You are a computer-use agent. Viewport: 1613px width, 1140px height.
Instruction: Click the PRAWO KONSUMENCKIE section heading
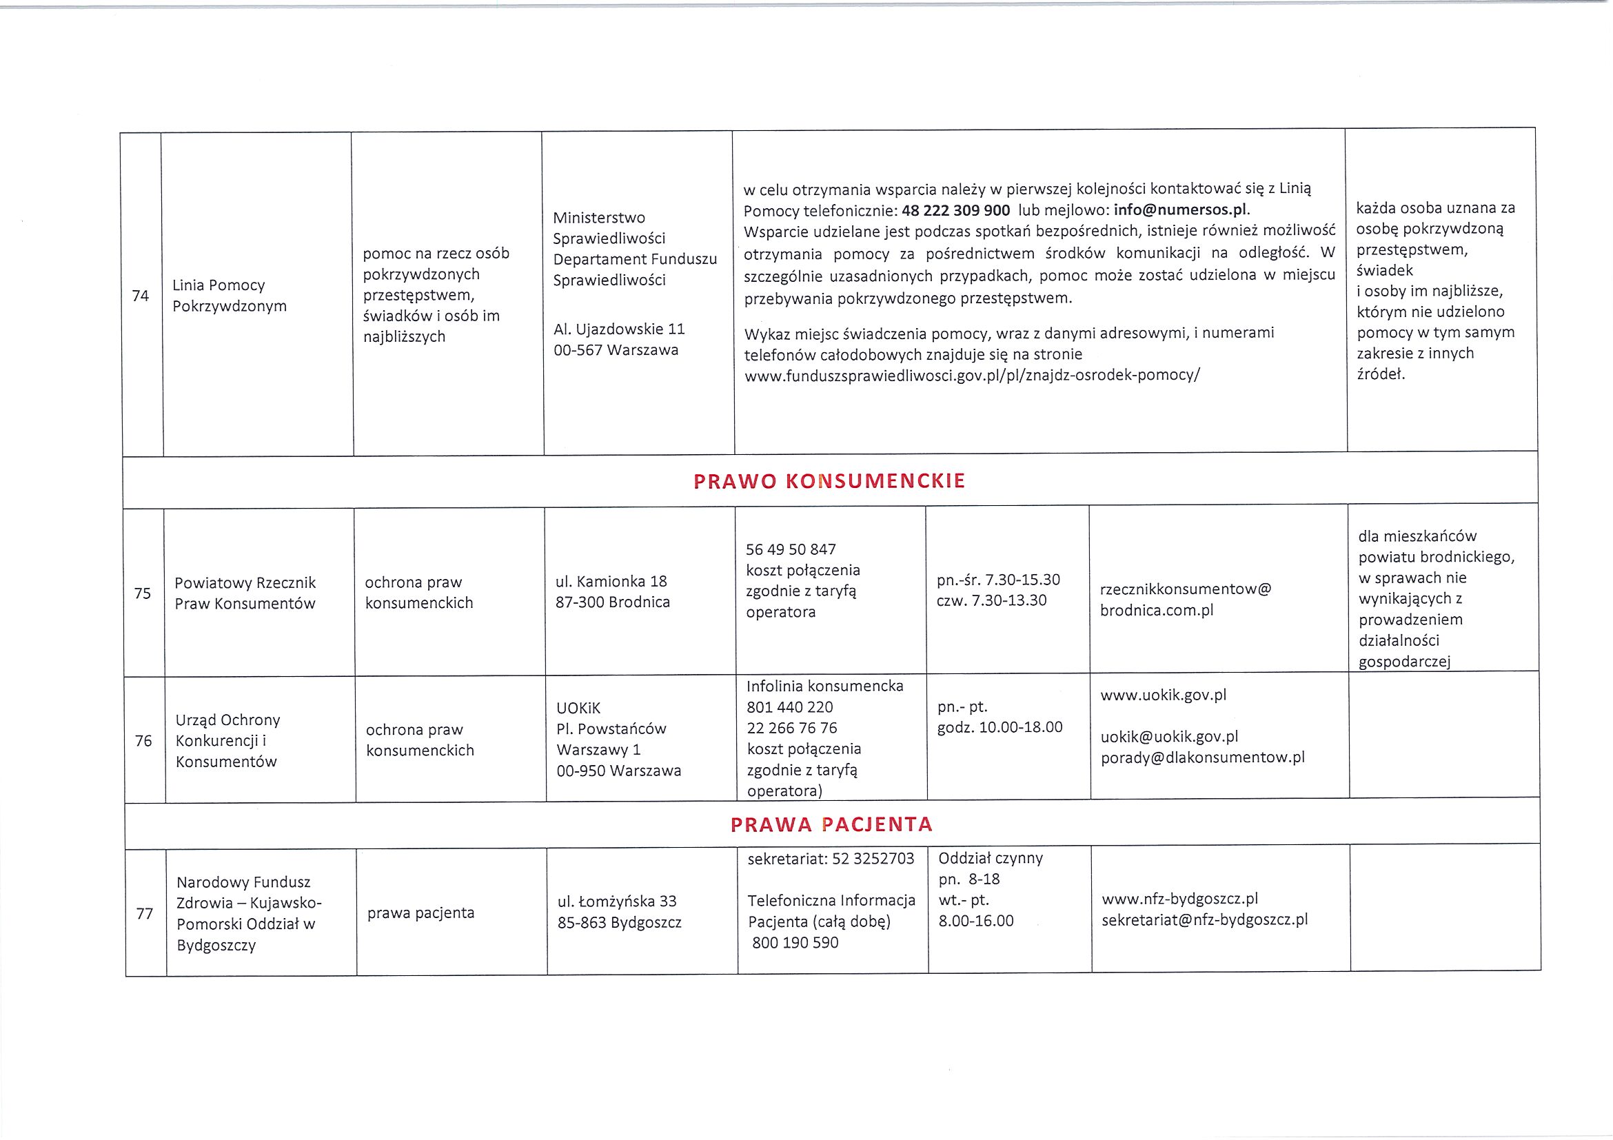point(829,481)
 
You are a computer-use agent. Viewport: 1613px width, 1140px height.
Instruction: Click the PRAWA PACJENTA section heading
point(831,824)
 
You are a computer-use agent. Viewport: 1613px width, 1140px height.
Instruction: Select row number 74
point(141,296)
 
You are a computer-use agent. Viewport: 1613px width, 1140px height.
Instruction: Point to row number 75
point(143,593)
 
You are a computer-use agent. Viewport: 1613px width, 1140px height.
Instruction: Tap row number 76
point(143,740)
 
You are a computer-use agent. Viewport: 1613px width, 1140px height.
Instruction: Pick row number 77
point(145,913)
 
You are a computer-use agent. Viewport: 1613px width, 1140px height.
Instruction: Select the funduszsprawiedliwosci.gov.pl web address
point(973,375)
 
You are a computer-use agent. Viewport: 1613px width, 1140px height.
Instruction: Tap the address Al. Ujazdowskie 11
point(619,329)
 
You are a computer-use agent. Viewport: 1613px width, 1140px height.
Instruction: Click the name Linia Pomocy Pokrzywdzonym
point(229,296)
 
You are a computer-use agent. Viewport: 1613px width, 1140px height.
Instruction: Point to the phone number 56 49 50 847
point(791,549)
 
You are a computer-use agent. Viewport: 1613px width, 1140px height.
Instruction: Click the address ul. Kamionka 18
point(611,582)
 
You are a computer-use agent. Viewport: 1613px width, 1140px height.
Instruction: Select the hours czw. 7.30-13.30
point(991,600)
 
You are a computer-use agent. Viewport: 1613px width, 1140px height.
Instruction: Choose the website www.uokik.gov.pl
point(1164,695)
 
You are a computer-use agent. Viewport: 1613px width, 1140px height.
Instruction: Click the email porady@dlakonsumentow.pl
point(1203,757)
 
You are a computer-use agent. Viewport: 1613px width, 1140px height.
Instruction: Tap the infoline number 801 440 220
point(790,706)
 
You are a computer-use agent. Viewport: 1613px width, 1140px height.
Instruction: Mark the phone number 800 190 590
point(795,943)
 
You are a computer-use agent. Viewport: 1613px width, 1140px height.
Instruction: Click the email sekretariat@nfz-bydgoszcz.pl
point(1205,920)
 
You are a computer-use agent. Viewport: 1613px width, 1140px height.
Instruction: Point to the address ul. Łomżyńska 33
point(617,902)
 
